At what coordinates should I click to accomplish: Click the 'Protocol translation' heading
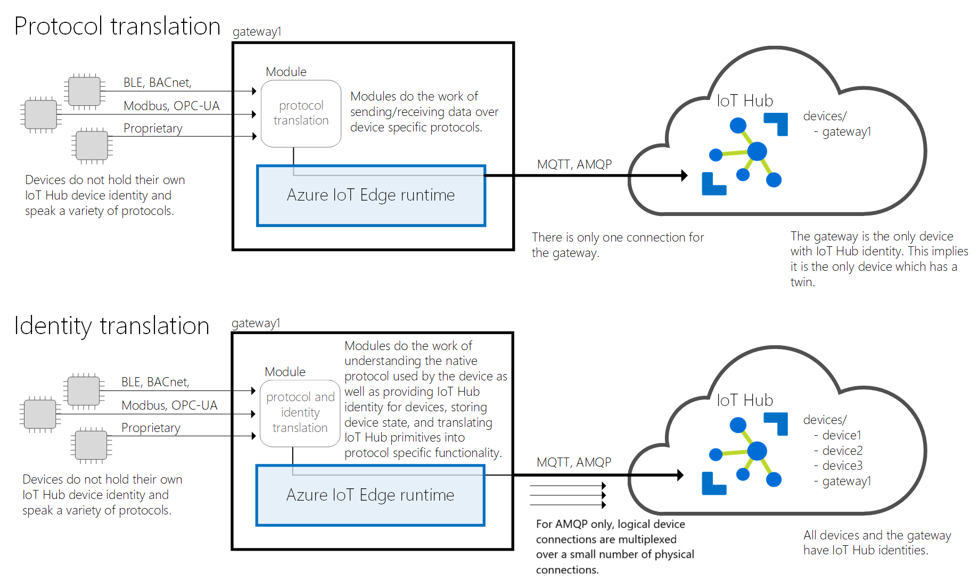click(x=117, y=26)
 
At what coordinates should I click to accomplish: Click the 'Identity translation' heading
click(x=112, y=326)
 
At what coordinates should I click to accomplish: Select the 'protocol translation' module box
click(x=301, y=113)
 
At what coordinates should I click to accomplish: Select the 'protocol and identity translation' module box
click(x=300, y=413)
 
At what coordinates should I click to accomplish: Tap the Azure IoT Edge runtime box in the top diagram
click(x=371, y=196)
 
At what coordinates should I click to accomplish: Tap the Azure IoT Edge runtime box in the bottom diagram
click(x=370, y=495)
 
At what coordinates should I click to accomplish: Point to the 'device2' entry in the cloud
click(x=842, y=451)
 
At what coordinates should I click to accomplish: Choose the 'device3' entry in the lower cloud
click(x=842, y=465)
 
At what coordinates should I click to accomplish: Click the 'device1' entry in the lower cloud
click(x=841, y=435)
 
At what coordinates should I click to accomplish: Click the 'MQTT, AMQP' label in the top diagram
click(x=574, y=164)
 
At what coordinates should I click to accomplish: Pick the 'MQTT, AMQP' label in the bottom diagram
click(x=574, y=462)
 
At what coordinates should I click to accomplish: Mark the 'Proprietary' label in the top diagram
click(x=153, y=128)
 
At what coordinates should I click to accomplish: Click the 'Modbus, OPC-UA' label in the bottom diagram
click(x=169, y=405)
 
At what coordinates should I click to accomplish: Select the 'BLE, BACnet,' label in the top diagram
click(x=157, y=82)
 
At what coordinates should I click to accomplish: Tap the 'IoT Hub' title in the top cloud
click(x=745, y=101)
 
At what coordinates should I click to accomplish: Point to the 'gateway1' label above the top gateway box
click(x=257, y=31)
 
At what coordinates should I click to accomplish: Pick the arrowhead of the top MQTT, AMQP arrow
click(x=684, y=175)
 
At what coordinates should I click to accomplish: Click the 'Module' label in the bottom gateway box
click(x=285, y=372)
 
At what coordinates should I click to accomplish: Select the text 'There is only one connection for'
click(x=618, y=237)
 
